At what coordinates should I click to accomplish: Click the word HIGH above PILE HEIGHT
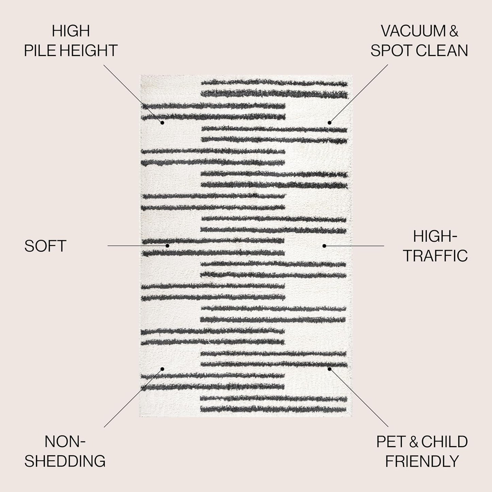point(71,31)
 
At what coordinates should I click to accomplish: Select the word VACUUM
point(413,31)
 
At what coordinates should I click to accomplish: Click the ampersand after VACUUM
point(454,31)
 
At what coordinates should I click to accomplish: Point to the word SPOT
point(391,50)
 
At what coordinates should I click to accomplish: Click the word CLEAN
point(442,50)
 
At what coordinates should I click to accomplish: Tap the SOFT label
point(45,246)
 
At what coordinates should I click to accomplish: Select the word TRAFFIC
point(435,256)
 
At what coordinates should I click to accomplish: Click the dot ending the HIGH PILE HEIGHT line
point(162,123)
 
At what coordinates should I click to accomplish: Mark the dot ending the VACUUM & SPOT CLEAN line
point(329,123)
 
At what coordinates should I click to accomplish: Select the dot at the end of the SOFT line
point(168,245)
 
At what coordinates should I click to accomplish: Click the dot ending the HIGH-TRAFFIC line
point(324,246)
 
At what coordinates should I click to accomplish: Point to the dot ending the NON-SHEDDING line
point(162,369)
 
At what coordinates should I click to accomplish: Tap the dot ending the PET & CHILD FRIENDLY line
point(329,369)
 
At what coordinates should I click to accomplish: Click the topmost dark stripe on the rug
point(274,83)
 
